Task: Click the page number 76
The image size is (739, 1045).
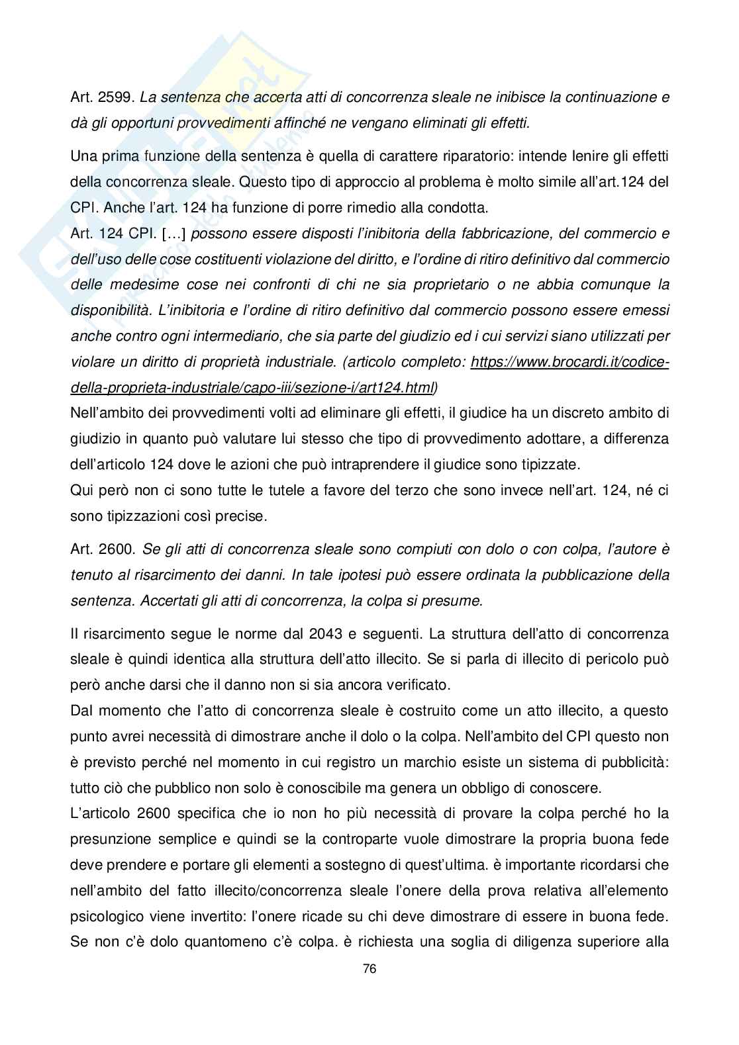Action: tap(369, 968)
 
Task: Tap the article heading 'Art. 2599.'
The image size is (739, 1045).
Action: tap(103, 97)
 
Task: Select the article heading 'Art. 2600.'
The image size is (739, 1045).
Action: tap(103, 549)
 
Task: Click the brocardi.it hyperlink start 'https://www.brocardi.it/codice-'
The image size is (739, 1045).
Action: tap(569, 362)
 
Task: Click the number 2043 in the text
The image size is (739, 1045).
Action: tap(325, 633)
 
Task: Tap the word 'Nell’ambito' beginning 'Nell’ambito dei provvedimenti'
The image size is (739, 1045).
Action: tap(107, 413)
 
